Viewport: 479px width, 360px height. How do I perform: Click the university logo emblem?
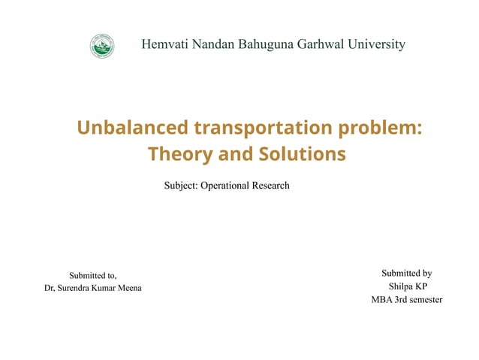tap(102, 47)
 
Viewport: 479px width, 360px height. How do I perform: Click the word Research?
tap(273, 186)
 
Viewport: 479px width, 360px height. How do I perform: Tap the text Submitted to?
tap(93, 275)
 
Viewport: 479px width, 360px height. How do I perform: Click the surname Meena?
tap(128, 289)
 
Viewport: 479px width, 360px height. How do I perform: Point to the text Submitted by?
tap(406, 274)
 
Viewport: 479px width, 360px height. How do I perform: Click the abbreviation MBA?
tap(382, 301)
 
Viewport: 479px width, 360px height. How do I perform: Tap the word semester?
tap(423, 301)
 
